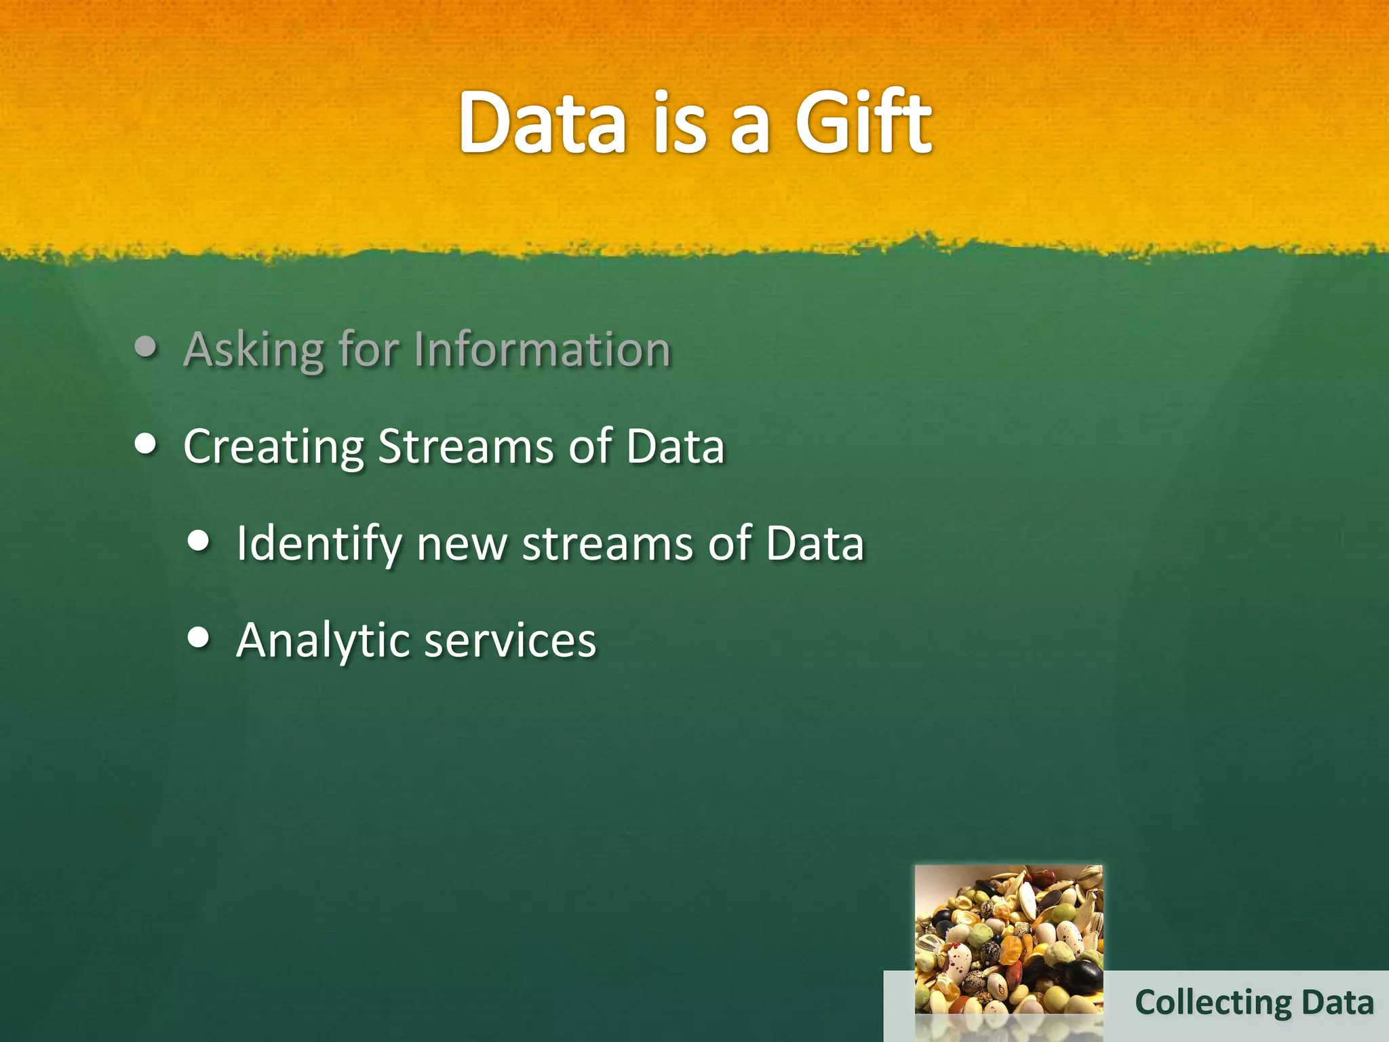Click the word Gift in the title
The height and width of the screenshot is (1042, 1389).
tap(863, 123)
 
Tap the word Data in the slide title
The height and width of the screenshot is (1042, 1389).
tap(542, 123)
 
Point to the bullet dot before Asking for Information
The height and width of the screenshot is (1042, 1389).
tap(146, 347)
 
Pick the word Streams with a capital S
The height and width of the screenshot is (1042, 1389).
tap(466, 446)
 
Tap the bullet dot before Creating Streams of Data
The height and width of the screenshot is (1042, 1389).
tap(146, 444)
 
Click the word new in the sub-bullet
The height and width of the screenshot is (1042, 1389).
tap(461, 545)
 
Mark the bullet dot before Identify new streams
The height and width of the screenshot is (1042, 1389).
tap(199, 541)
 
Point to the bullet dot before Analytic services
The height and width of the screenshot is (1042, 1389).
tap(199, 637)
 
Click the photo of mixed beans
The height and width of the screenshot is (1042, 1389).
tap(1009, 940)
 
